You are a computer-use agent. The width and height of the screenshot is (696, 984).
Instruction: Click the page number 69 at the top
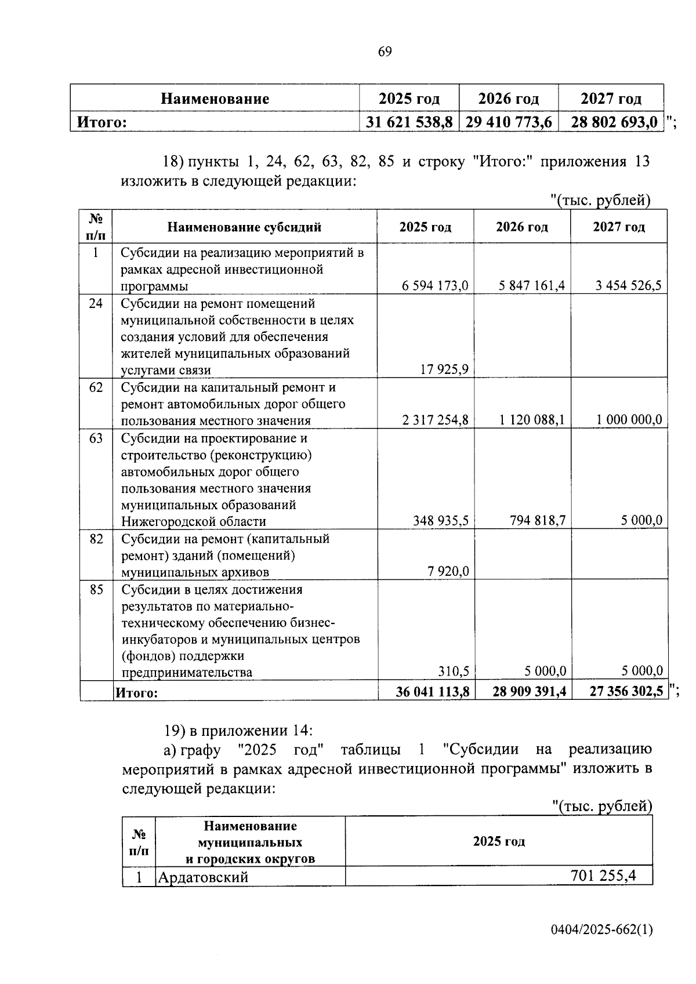385,52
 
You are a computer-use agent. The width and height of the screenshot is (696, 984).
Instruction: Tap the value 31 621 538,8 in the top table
409,122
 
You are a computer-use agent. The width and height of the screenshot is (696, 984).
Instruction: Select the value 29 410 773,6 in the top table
509,122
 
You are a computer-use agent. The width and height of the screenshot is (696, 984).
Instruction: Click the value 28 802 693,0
614,122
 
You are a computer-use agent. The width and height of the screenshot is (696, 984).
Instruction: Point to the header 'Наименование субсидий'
244,227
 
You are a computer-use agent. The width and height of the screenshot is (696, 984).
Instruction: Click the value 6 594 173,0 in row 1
435,285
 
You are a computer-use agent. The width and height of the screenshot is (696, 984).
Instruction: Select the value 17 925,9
444,370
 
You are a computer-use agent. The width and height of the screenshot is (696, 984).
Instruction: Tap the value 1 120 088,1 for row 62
532,420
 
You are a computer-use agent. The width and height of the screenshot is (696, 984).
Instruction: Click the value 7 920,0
448,572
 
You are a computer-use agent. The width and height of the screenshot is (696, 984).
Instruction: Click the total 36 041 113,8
432,692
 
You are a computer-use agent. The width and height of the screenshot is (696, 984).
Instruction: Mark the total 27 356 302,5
626,692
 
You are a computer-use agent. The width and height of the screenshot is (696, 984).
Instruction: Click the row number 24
96,303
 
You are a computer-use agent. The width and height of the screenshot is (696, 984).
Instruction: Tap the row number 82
96,539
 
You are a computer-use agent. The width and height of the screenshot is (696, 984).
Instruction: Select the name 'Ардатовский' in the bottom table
203,877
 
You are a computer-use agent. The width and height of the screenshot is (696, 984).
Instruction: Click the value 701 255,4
603,876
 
